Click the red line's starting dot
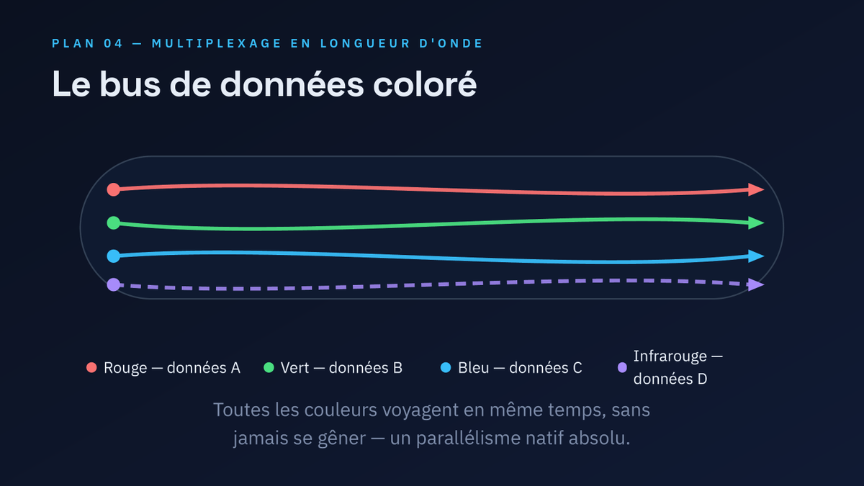pos(114,189)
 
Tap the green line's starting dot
pos(114,222)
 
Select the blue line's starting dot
pos(114,256)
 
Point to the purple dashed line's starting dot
pos(114,284)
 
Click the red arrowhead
pos(756,189)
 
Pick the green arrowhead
pos(756,222)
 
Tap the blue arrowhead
pos(756,256)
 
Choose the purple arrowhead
pos(756,284)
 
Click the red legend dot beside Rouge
pos(91,367)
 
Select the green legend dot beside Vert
pos(269,367)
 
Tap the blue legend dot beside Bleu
pos(446,367)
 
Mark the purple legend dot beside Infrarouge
pos(622,367)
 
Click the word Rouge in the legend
pos(125,368)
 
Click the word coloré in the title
pos(425,84)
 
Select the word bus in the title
pos(130,84)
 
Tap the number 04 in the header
pos(114,43)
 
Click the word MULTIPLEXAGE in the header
pos(217,43)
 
